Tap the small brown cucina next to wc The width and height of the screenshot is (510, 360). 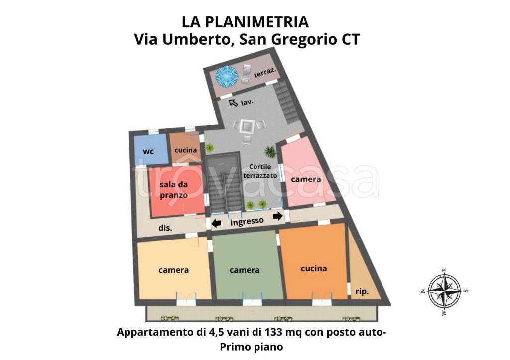tap(185, 149)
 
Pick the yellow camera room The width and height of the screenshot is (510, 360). tap(173, 270)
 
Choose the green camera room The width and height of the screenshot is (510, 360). tap(245, 270)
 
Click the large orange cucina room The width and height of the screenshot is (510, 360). tap(314, 268)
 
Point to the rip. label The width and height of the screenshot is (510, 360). tap(362, 291)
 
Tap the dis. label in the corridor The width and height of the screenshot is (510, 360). tap(165, 228)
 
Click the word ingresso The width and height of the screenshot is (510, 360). tap(247, 221)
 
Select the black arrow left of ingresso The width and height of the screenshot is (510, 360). tap(216, 223)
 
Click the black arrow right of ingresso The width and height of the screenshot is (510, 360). tap(277, 216)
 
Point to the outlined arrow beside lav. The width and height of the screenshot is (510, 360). tap(233, 103)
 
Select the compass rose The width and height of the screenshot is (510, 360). tap(444, 291)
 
